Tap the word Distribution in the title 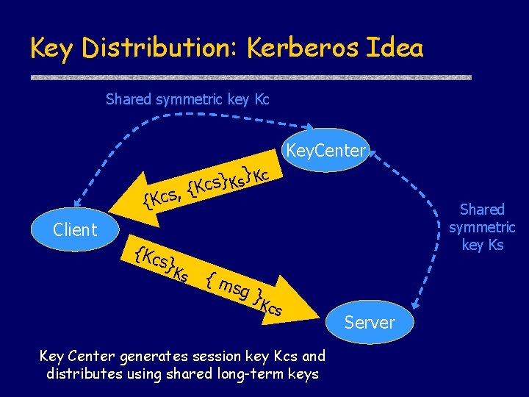[160, 48]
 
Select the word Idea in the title [397, 48]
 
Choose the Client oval [75, 230]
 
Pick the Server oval [370, 322]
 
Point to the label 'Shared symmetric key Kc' [187, 99]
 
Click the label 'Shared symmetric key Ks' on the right [483, 227]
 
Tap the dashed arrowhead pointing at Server [417, 302]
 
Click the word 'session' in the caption [215, 357]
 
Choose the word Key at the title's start [53, 48]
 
